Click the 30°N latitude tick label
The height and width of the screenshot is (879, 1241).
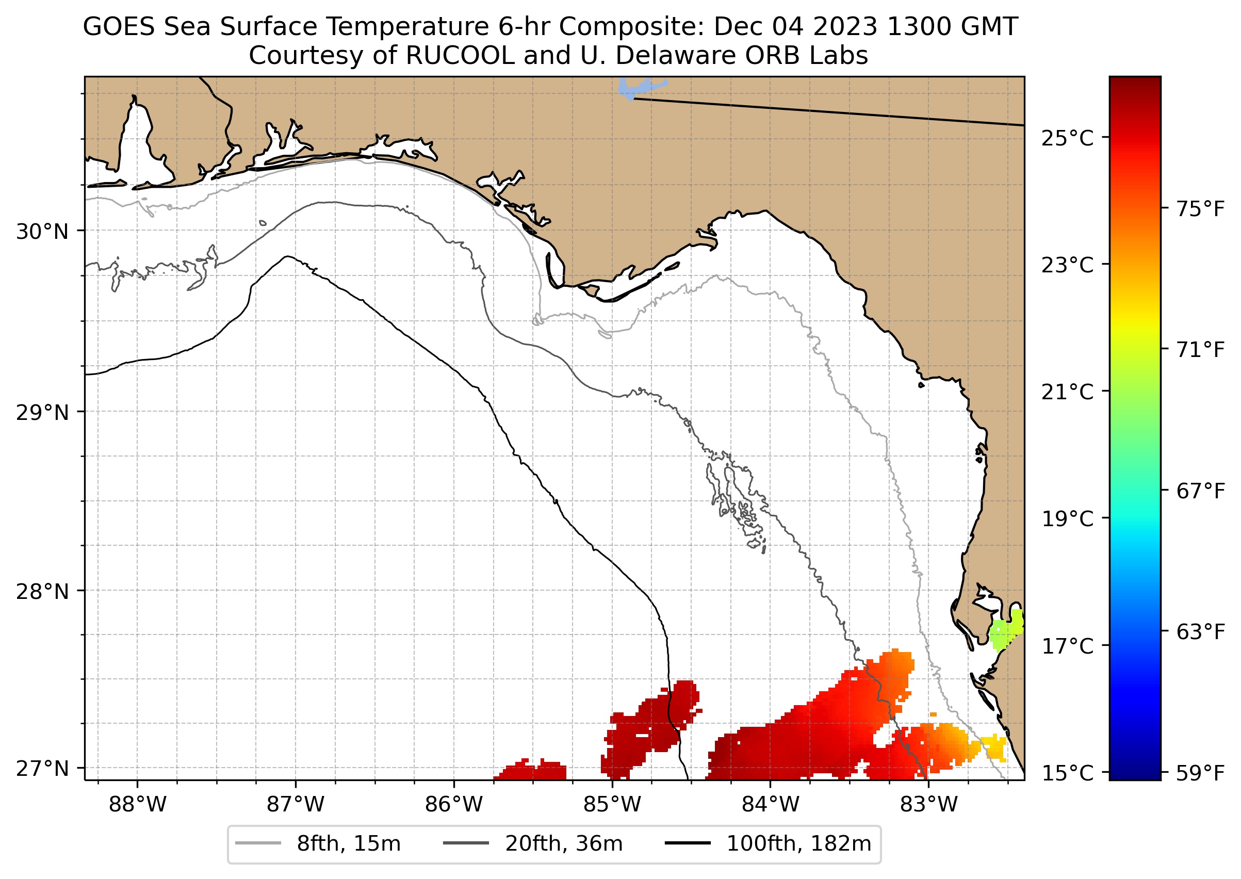click(42, 232)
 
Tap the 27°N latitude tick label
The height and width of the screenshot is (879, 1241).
click(42, 768)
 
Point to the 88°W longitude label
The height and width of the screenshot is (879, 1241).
click(138, 805)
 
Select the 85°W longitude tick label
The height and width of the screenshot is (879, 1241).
click(612, 805)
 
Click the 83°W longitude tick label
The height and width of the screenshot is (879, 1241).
click(929, 805)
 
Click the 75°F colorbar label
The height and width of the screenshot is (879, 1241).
click(1200, 209)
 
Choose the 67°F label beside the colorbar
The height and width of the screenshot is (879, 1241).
click(1200, 492)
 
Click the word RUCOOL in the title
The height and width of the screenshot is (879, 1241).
click(460, 55)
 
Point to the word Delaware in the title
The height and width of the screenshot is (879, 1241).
click(676, 55)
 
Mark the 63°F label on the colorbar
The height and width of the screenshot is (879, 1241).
click(1200, 631)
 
